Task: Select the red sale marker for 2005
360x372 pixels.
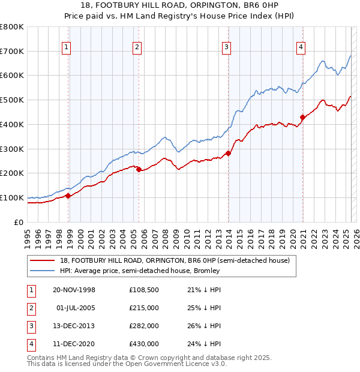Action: coord(139,170)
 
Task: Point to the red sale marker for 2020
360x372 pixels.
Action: coord(303,118)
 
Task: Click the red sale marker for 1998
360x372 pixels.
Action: coord(68,196)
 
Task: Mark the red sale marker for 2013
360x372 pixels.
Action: coord(229,154)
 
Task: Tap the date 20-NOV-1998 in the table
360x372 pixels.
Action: coord(74,290)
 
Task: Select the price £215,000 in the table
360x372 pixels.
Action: coord(144,308)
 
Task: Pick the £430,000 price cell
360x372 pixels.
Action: coord(144,344)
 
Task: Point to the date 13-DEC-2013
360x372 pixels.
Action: coord(74,326)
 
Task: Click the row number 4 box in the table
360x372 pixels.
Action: coord(31,344)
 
